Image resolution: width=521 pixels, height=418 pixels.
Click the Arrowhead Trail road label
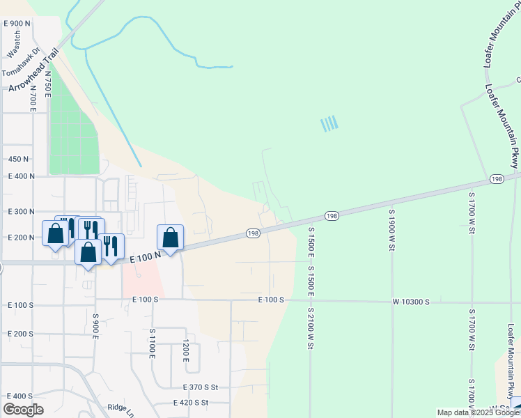(33, 70)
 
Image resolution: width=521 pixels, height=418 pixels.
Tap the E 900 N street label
(17, 24)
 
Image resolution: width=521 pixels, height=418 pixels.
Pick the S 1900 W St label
(392, 229)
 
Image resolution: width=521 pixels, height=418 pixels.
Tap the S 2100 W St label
(310, 327)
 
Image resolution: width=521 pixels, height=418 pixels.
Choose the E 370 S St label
(201, 387)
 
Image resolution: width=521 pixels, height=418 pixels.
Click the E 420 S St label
(196, 403)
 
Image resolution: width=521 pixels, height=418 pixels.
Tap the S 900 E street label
(95, 327)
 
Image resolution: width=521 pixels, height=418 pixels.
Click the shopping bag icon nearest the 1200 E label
(171, 238)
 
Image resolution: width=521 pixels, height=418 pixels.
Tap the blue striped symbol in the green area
(329, 124)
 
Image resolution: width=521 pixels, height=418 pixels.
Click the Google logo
(23, 410)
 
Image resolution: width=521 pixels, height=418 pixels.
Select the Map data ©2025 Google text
(478, 412)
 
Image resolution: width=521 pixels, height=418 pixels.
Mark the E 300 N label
(21, 211)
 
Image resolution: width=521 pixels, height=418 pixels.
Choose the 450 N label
(18, 160)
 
